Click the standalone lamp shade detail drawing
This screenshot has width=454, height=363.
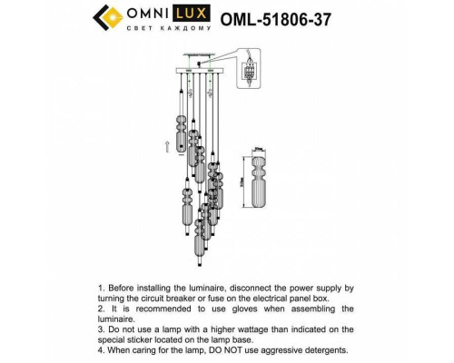262,181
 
